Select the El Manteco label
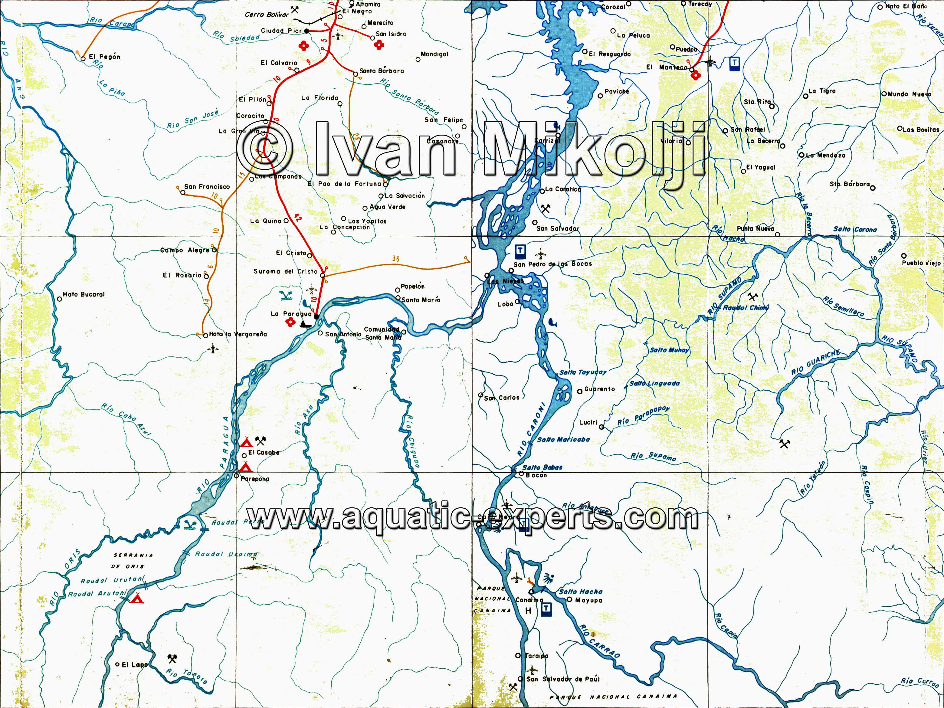pos(667,67)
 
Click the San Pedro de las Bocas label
pos(553,264)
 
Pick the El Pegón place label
pos(105,57)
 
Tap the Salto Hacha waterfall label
pos(580,592)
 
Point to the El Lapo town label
pos(134,664)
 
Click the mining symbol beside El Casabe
pos(260,441)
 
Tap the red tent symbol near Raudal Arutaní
pos(136,599)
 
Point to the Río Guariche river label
pos(815,362)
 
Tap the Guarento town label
pos(599,389)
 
